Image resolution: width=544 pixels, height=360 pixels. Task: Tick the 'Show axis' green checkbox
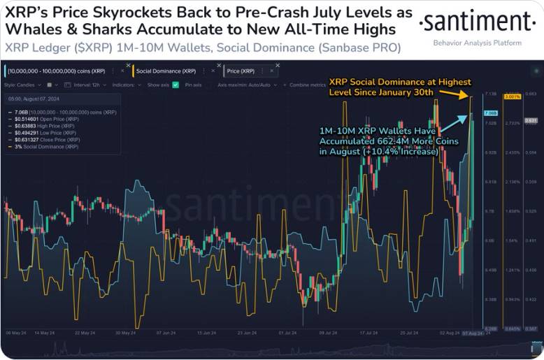click(176, 85)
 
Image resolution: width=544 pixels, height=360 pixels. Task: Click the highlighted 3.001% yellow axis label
click(511, 97)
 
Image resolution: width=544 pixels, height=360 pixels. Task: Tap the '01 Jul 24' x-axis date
click(288, 333)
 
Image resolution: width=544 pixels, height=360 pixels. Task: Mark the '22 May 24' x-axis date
click(85, 333)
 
